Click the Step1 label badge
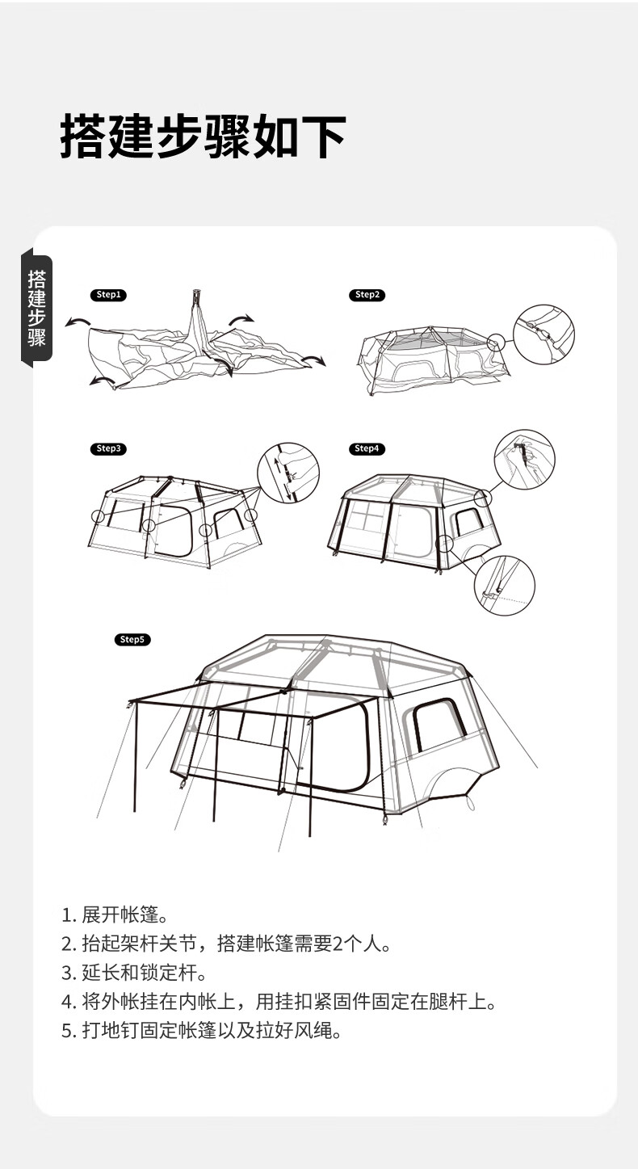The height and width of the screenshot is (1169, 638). (x=108, y=295)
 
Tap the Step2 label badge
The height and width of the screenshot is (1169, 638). (x=367, y=295)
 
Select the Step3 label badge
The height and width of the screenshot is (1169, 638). (x=108, y=449)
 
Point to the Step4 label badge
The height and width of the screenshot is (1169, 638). (x=367, y=449)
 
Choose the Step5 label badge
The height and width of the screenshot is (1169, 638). (x=132, y=640)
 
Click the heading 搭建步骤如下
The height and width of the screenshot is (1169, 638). (x=203, y=137)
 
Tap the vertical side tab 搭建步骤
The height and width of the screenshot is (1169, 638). (x=37, y=308)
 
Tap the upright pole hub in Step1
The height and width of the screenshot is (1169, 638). (x=197, y=296)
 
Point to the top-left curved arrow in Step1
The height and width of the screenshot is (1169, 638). (x=78, y=321)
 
